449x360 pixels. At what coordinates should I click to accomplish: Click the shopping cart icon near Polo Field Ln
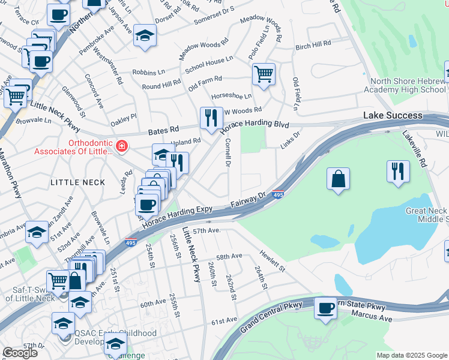tap(264, 74)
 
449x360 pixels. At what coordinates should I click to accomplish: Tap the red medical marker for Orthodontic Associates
tap(121, 146)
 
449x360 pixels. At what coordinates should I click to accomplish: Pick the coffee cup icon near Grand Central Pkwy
tap(325, 308)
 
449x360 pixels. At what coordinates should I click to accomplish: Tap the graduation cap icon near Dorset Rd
tap(145, 36)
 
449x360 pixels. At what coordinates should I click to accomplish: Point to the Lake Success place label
tap(393, 115)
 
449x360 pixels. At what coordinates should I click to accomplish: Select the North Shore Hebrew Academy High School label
tap(408, 86)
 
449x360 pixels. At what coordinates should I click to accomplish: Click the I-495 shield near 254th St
tap(131, 242)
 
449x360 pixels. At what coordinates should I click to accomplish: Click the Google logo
tap(20, 353)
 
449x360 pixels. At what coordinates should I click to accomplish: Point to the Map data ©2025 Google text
tap(412, 355)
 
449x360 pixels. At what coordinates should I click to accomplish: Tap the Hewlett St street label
tap(272, 262)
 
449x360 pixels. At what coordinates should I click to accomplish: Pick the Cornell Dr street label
tap(228, 152)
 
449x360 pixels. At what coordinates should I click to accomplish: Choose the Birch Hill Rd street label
tap(313, 44)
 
